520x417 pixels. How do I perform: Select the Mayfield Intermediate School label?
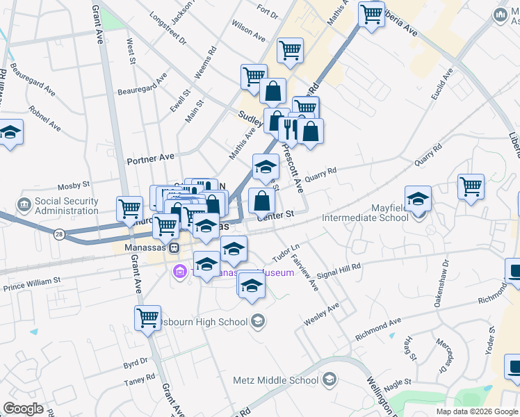366,218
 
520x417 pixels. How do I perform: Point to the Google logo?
23,409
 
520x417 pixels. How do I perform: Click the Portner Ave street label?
150,158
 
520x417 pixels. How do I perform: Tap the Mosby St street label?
74,186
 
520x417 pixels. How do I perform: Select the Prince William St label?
32,284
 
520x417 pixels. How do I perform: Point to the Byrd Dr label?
136,362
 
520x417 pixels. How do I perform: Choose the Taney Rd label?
140,379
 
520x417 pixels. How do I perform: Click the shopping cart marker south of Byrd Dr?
147,318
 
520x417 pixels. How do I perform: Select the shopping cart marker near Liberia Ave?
372,13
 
